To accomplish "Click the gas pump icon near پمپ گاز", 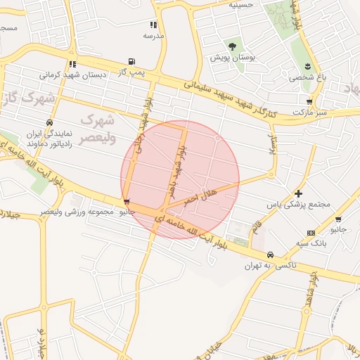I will [131, 62].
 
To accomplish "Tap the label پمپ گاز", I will [131, 72].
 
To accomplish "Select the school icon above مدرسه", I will [153, 25].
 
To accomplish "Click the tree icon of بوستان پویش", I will [232, 46].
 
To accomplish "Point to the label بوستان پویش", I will [233, 56].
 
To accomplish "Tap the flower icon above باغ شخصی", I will [307, 66].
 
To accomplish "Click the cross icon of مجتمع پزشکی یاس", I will [299, 193].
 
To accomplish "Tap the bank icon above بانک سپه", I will [311, 233].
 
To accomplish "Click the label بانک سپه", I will [311, 243].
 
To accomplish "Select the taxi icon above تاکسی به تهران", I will [270, 255].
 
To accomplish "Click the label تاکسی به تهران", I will [271, 266].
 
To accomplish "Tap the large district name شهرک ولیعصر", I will [96, 128].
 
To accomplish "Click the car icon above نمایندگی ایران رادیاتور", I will [49, 122].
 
